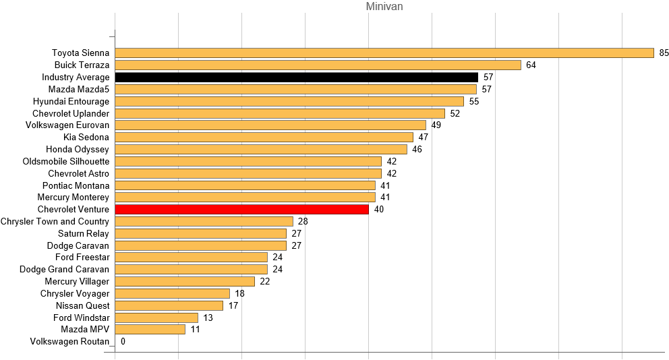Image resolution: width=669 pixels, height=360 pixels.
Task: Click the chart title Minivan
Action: coord(384,7)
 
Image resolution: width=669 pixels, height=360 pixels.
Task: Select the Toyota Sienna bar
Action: coord(384,53)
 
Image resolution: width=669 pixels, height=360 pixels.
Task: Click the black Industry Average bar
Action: coord(296,78)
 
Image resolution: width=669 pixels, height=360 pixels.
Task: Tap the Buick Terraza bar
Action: coord(318,65)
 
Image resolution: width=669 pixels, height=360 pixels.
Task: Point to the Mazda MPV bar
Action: coord(150,330)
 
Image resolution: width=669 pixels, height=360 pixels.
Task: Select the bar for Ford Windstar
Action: coord(156,318)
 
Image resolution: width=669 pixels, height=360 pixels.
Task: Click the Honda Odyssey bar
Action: coord(261,149)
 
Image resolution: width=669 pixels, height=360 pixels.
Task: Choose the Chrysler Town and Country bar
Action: coord(204,222)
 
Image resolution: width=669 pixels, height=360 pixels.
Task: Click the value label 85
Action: coord(664,53)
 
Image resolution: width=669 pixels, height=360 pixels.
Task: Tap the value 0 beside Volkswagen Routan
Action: coord(123,342)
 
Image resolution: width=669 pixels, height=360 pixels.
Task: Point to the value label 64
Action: coord(531,65)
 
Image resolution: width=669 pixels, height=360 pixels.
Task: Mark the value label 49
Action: coord(436,125)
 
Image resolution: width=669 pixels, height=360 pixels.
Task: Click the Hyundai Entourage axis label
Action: coord(71,101)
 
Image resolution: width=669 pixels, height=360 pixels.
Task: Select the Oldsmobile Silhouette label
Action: coord(65,162)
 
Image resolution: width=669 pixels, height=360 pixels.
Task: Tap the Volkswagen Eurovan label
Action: coord(67,125)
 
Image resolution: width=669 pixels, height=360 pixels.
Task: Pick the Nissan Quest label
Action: coord(83,306)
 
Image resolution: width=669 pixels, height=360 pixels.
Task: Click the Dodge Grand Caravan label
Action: coord(64,270)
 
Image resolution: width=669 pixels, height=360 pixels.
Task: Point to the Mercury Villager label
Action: coord(77,282)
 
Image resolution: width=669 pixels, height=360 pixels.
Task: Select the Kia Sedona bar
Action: coord(264,138)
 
